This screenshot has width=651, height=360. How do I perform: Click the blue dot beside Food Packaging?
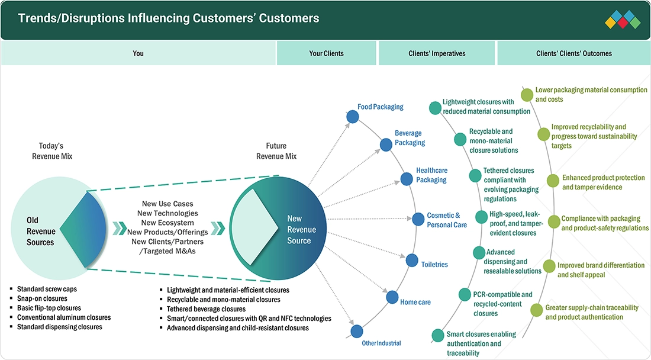[x=353, y=117]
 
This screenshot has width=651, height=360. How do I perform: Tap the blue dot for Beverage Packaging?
[x=386, y=144]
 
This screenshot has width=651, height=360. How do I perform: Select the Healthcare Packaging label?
[x=431, y=175]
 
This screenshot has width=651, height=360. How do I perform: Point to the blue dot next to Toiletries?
[x=412, y=261]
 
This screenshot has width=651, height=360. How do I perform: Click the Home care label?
[x=415, y=302]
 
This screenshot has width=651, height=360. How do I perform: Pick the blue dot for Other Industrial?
[x=357, y=332]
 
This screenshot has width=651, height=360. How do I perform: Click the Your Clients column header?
[x=326, y=53]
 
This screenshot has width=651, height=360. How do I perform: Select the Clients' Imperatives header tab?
[x=437, y=53]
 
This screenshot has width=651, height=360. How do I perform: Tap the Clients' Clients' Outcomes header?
[x=574, y=53]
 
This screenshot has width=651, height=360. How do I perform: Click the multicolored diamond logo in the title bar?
[x=623, y=19]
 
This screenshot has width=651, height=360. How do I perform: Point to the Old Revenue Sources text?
[x=41, y=231]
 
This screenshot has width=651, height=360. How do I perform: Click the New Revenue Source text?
[x=301, y=229]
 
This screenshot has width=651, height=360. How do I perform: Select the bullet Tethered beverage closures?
[x=206, y=309]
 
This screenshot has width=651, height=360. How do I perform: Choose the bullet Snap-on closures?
[x=42, y=298]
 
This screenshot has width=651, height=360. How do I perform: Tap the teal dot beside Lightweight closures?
[x=435, y=108]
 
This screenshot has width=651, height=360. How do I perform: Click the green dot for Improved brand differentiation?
[x=549, y=266]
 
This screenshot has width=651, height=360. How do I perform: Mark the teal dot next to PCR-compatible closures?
[x=465, y=294]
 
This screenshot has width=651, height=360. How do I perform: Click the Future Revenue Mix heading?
[x=276, y=151]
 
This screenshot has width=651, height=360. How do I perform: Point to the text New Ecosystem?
[x=167, y=223]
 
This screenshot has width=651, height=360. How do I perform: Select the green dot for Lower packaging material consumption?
[x=527, y=95]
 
